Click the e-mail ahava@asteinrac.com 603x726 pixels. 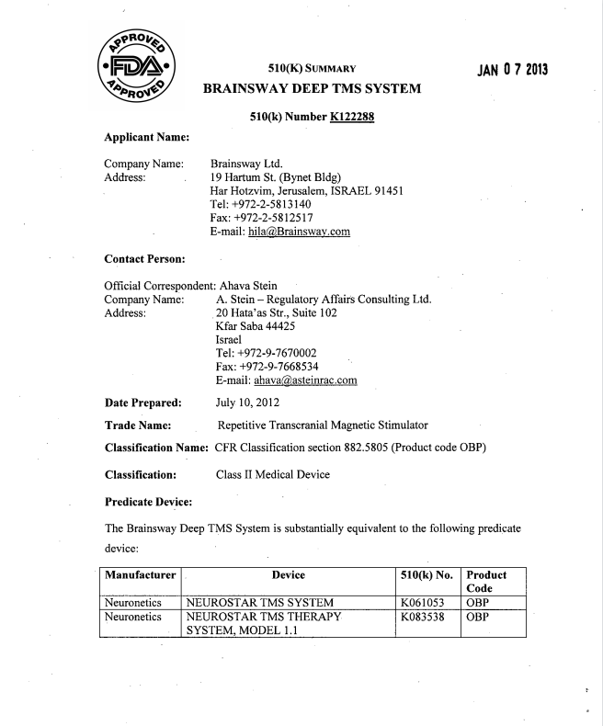[301, 384]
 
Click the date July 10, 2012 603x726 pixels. [247, 403]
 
